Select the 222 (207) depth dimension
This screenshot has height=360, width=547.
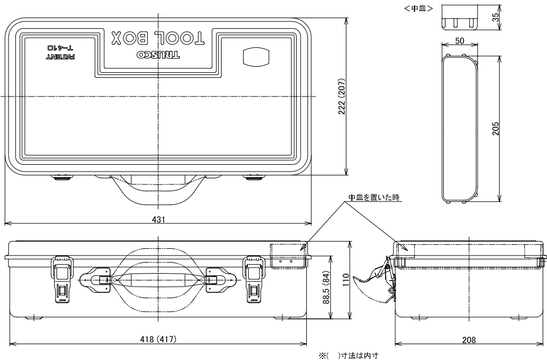tap(341, 96)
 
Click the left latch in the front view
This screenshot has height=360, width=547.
tap(63, 279)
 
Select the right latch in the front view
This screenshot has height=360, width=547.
tap(254, 279)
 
